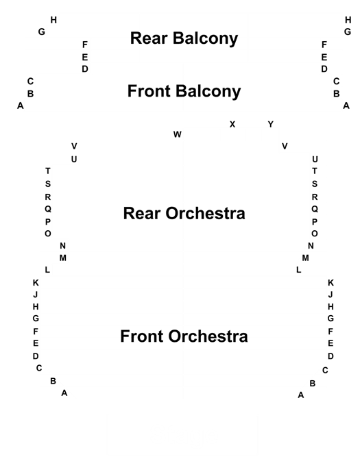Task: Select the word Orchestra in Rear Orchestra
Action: click(205, 214)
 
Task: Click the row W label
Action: click(178, 134)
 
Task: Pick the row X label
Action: click(232, 124)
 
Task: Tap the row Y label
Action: click(271, 124)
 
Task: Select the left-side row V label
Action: click(74, 147)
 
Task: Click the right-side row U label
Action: click(315, 159)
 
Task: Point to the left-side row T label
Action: click(47, 171)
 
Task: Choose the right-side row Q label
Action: click(315, 209)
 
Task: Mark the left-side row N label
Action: click(62, 246)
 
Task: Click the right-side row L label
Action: click(298, 270)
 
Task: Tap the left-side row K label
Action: click(36, 283)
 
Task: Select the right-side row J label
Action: click(331, 295)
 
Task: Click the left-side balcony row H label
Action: click(53, 20)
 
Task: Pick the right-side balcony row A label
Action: click(346, 105)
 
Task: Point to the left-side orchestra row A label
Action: click(64, 393)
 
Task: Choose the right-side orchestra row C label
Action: click(325, 370)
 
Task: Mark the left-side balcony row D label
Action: click(85, 69)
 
